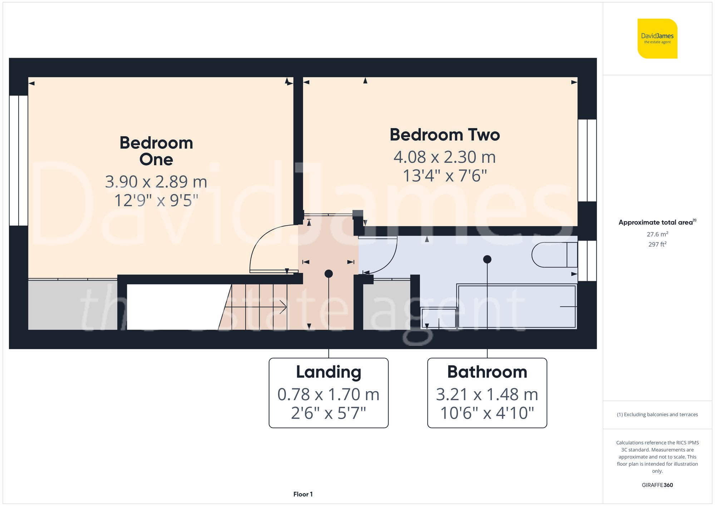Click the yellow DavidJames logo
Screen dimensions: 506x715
click(x=657, y=39)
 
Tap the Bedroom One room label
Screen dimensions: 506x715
click(x=156, y=151)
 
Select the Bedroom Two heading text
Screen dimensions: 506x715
click(x=444, y=135)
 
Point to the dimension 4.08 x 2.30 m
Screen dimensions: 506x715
click(x=444, y=157)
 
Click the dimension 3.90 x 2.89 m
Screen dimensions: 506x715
click(x=156, y=182)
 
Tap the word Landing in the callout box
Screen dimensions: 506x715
click(x=329, y=372)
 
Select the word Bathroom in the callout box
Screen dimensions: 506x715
click(x=487, y=372)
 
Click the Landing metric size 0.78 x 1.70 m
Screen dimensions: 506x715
click(x=329, y=394)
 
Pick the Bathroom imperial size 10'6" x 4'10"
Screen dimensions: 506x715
click(x=487, y=413)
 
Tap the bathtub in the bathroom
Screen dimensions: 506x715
click(x=517, y=306)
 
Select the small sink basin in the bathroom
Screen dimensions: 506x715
click(x=439, y=318)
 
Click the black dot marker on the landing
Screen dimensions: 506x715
click(x=329, y=274)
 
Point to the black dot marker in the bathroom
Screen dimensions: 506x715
click(x=487, y=259)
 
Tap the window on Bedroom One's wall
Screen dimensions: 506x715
click(x=18, y=160)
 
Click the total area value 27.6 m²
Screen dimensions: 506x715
click(x=657, y=234)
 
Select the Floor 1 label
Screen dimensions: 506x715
click(x=303, y=494)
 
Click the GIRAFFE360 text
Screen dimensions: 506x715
click(x=657, y=485)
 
